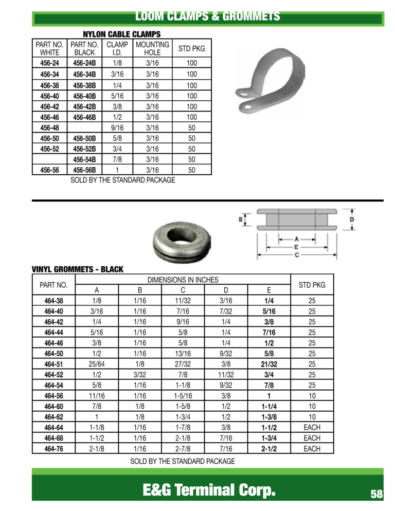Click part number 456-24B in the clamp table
point(84,63)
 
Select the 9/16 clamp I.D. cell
point(117,127)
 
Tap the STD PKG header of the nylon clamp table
point(191,49)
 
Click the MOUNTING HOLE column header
point(152,49)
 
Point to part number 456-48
point(49,127)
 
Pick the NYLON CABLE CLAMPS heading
point(122,34)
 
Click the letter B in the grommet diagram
point(241,220)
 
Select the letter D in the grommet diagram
point(352,220)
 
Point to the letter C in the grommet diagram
point(297,254)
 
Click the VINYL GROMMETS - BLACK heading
point(78,269)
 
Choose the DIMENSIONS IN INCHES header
point(183,280)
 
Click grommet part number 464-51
point(53,364)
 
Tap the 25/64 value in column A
point(97,364)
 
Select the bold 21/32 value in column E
point(269,364)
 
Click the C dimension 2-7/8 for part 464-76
point(183,449)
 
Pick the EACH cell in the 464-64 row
point(312,427)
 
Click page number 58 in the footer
point(376,495)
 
